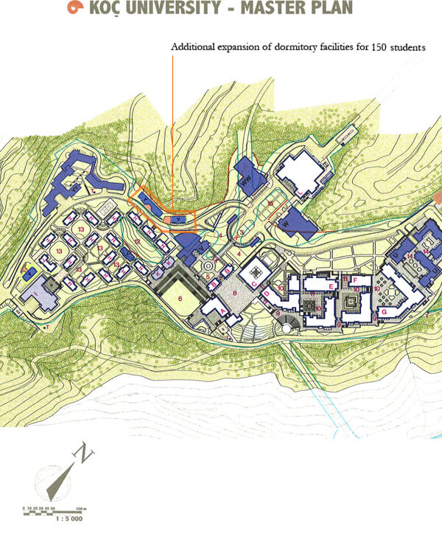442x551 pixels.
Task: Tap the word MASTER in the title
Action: click(x=271, y=8)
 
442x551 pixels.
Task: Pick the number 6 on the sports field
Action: click(x=179, y=299)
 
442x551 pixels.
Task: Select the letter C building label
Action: click(x=254, y=285)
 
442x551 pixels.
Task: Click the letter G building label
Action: click(x=384, y=312)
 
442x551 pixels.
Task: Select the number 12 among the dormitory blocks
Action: click(x=137, y=241)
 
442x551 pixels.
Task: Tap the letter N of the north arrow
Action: click(x=88, y=455)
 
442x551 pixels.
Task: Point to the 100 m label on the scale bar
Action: click(x=80, y=507)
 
